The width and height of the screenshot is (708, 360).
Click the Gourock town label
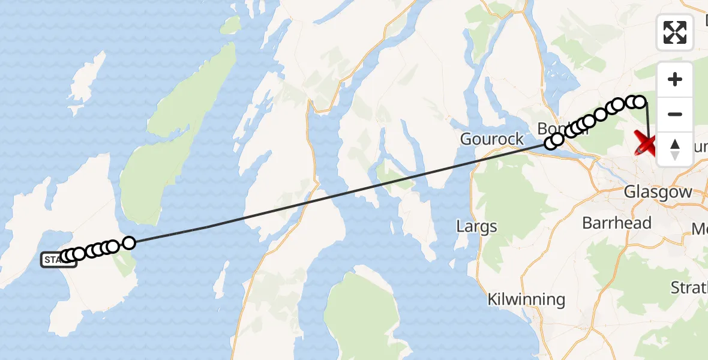click(x=492, y=139)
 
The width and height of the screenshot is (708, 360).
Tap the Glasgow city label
click(x=658, y=193)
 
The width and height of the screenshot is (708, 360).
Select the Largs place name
click(x=476, y=227)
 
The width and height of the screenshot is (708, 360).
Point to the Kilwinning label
click(x=526, y=299)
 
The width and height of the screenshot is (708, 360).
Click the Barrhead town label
click(x=617, y=223)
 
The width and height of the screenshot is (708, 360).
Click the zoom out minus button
click(x=675, y=114)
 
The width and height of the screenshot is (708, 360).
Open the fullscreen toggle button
click(x=675, y=32)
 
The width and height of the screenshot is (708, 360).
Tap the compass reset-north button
click(x=675, y=149)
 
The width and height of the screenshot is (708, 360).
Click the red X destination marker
click(x=648, y=144)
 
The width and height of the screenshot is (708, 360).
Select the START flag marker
click(x=58, y=260)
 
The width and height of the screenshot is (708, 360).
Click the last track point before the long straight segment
click(x=129, y=242)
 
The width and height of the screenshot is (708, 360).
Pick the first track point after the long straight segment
click(x=550, y=143)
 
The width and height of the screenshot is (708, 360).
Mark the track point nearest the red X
click(x=640, y=102)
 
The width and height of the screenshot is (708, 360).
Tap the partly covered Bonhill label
click(x=552, y=128)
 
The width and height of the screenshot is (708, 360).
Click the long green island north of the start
click(x=180, y=120)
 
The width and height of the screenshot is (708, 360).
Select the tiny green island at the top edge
click(x=230, y=25)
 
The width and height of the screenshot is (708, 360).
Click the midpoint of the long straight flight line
click(x=340, y=193)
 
